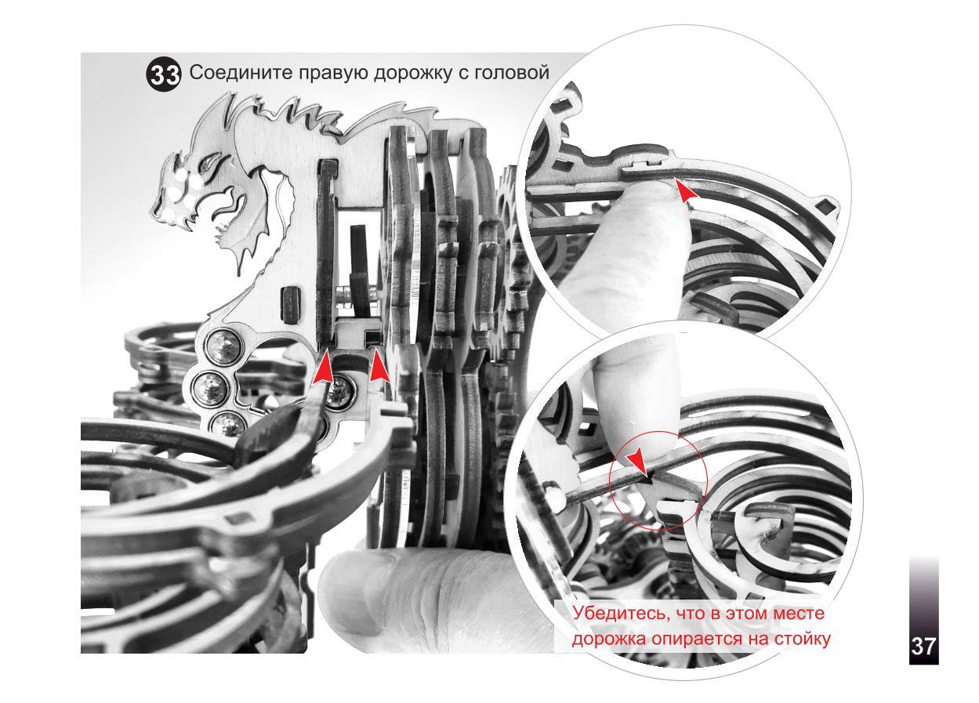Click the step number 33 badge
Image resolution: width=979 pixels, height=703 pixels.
pos(162,75)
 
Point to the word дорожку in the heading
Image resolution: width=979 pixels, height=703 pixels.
pos(413,74)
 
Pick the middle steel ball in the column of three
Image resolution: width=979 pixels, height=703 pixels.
pos(209,386)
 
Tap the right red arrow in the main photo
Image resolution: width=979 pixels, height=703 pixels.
pos(379,366)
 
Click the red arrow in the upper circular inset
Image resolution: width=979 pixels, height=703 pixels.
pos(685,191)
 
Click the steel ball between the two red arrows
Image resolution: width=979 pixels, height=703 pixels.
pos(340,393)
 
